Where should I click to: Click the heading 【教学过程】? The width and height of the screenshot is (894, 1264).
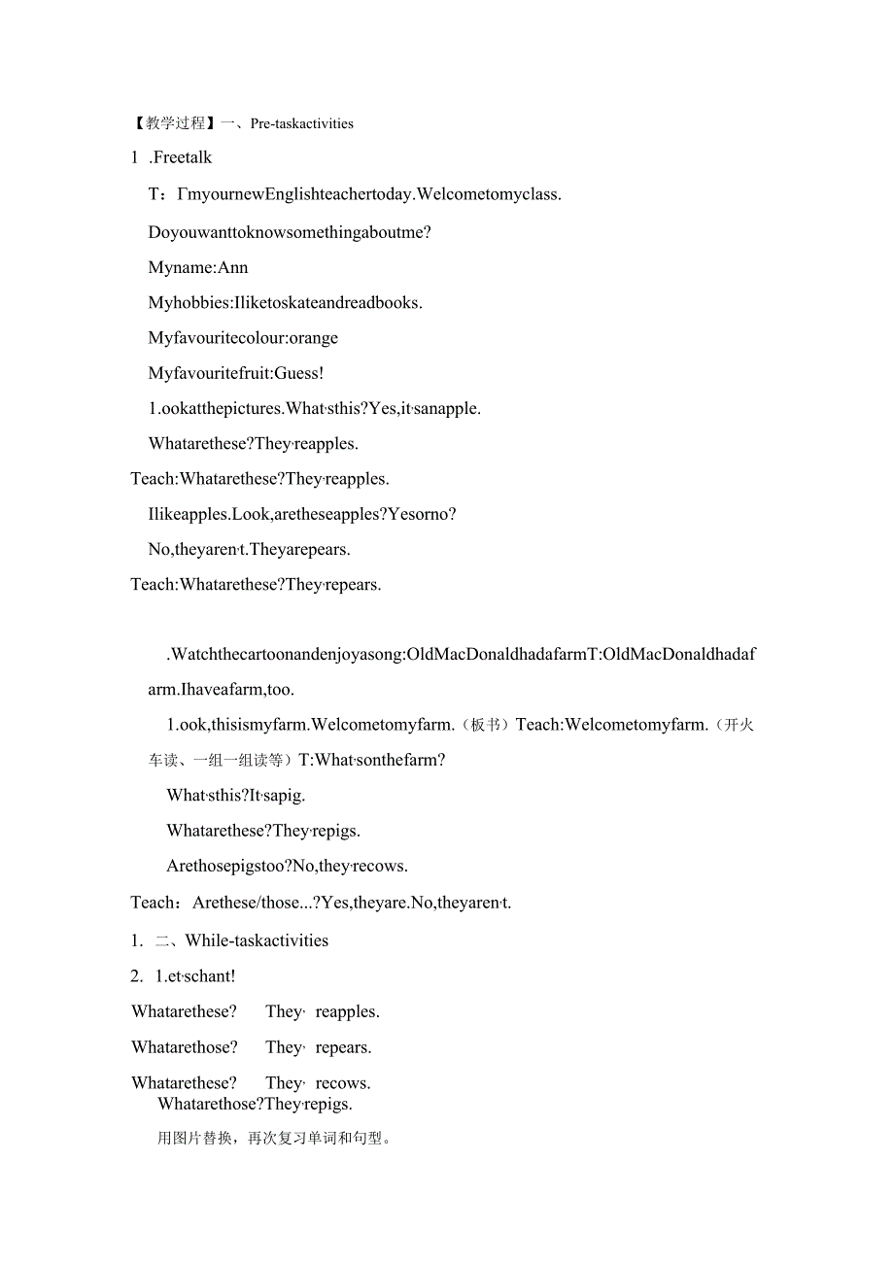(x=173, y=123)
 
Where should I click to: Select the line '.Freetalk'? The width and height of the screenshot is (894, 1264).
(x=181, y=157)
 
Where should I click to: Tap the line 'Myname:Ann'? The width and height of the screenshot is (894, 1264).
(x=198, y=267)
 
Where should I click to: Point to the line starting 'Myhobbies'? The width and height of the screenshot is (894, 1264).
(x=285, y=302)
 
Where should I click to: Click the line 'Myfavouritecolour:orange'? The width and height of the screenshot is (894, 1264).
(x=243, y=338)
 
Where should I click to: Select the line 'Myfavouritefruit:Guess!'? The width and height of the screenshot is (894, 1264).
(x=236, y=373)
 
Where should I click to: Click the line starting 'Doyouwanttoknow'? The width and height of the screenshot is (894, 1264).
(x=290, y=232)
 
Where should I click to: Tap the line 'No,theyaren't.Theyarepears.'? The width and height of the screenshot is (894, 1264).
(x=250, y=549)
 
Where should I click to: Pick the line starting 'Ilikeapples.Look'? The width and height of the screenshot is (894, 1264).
(x=302, y=514)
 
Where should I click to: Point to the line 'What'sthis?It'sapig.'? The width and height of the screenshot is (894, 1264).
(x=236, y=795)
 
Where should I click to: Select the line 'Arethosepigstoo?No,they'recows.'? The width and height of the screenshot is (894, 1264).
(x=287, y=866)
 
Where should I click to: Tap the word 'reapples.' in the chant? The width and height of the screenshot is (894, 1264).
(x=347, y=1011)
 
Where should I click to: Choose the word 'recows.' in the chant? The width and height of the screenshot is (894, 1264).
(x=343, y=1082)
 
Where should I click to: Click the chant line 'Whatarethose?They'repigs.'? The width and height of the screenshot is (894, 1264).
(x=255, y=1104)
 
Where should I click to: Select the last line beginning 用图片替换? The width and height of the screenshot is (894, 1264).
(x=274, y=1138)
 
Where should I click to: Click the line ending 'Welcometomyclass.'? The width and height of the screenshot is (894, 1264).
(x=355, y=194)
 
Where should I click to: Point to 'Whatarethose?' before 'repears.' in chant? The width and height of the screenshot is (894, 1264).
(x=185, y=1047)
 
